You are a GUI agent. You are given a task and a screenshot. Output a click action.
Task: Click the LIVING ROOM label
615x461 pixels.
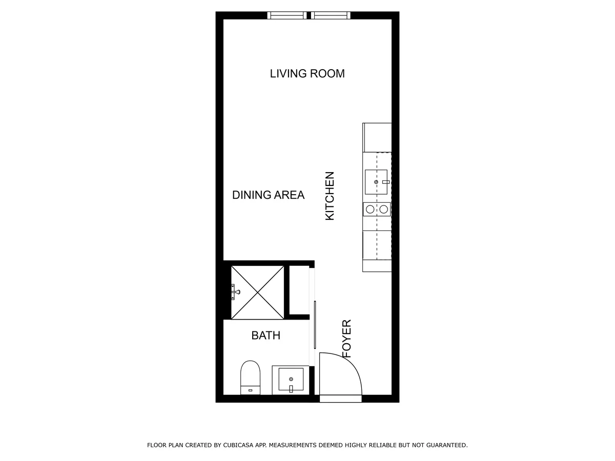[307, 74]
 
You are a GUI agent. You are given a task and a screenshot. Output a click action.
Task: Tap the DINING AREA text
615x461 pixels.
[268, 195]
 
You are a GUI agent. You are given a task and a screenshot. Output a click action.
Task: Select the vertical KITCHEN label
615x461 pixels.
[330, 196]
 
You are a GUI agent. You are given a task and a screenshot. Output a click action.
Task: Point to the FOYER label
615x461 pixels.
[347, 339]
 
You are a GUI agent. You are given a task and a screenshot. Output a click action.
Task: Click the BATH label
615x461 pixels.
[265, 336]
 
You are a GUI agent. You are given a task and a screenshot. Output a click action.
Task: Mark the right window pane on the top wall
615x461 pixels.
[331, 15]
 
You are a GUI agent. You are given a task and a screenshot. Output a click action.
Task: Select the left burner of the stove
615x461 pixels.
[370, 209]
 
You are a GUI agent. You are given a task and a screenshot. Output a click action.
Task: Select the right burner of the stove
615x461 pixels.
[383, 209]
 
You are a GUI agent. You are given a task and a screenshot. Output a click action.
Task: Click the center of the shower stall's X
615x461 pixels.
[257, 292]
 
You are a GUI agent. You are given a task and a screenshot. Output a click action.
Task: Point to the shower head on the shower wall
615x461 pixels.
[235, 292]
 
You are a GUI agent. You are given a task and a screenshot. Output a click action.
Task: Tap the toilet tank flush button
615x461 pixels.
[250, 391]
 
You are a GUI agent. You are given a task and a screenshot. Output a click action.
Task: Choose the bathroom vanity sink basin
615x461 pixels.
[291, 381]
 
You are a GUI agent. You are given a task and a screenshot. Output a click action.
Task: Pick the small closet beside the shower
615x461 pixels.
[299, 289]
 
